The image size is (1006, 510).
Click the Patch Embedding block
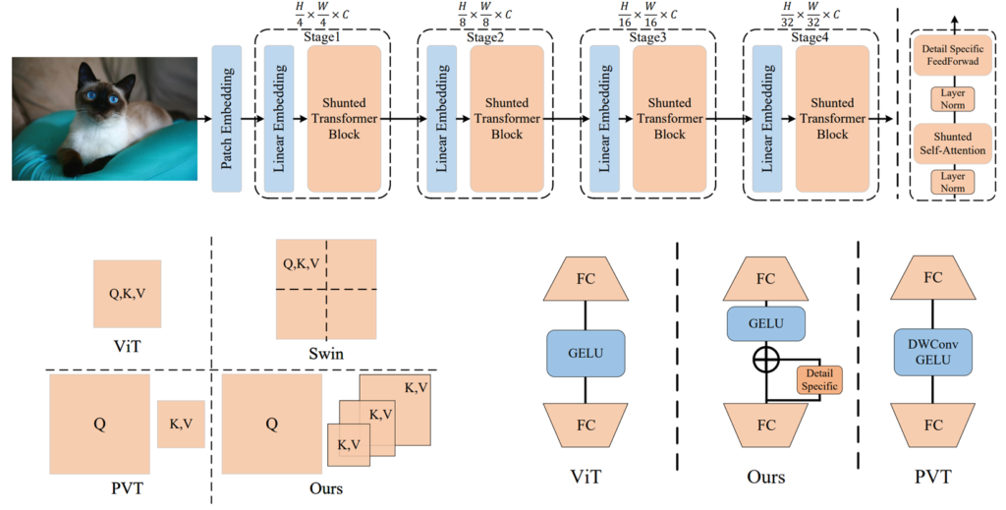[x=227, y=118]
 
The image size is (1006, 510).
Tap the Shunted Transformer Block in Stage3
[x=671, y=118]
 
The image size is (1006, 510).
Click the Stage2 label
[x=485, y=37]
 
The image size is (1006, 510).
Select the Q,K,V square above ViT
[x=127, y=293]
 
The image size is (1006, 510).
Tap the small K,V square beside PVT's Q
[x=181, y=424]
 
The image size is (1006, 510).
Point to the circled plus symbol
[x=766, y=360]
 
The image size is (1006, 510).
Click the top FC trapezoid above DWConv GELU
[x=932, y=278]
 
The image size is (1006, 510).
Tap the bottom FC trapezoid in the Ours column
[x=765, y=425]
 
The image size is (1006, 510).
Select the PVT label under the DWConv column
[x=932, y=477]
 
